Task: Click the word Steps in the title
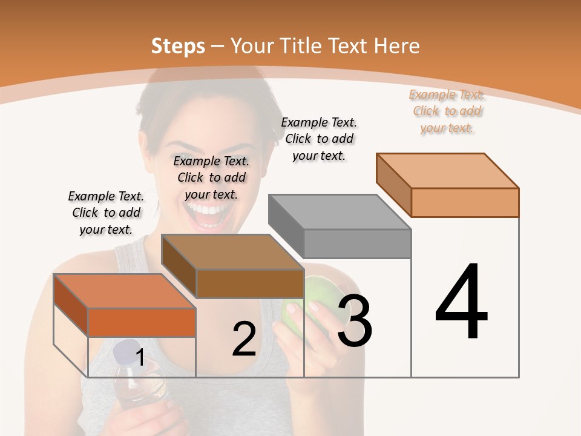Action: click(178, 46)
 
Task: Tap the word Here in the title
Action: click(397, 46)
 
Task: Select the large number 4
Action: click(462, 302)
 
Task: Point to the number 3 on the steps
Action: click(355, 320)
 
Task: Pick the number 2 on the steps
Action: click(244, 339)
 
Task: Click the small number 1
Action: click(140, 358)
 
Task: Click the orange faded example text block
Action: click(447, 111)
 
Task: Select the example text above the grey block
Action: click(319, 139)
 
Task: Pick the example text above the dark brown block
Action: click(211, 177)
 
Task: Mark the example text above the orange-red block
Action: click(106, 213)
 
